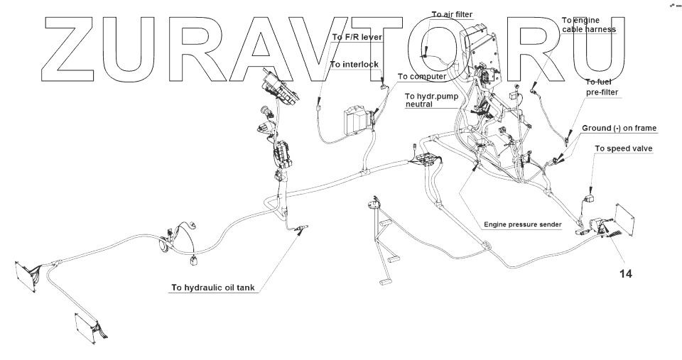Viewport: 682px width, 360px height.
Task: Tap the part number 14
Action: tap(624, 272)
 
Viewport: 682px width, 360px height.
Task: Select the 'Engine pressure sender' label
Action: tap(523, 224)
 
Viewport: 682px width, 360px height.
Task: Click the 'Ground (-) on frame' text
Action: tap(619, 129)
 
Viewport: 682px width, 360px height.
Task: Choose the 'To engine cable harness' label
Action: tap(588, 25)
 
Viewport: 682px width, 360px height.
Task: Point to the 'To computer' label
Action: tap(421, 76)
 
